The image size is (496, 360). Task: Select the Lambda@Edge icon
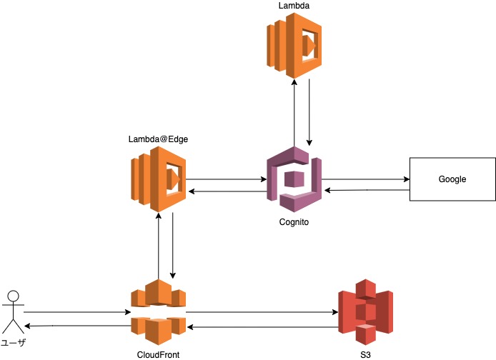pyautogui.click(x=158, y=179)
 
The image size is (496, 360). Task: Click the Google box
pyautogui.click(x=452, y=179)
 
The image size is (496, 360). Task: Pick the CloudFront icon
pyautogui.click(x=158, y=312)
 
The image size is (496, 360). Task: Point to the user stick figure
pyautogui.click(x=12, y=311)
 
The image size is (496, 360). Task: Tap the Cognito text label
pyautogui.click(x=294, y=222)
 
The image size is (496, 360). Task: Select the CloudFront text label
pyautogui.click(x=158, y=354)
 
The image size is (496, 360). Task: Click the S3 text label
pyautogui.click(x=365, y=354)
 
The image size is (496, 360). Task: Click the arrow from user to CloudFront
pyautogui.click(x=76, y=312)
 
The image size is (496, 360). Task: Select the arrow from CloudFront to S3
pyautogui.click(x=262, y=312)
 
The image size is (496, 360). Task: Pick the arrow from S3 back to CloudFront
pyautogui.click(x=262, y=327)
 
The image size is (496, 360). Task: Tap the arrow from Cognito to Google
pyautogui.click(x=364, y=179)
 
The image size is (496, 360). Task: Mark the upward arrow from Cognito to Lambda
pyautogui.click(x=294, y=111)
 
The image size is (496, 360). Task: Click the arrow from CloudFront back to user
pyautogui.click(x=76, y=326)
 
